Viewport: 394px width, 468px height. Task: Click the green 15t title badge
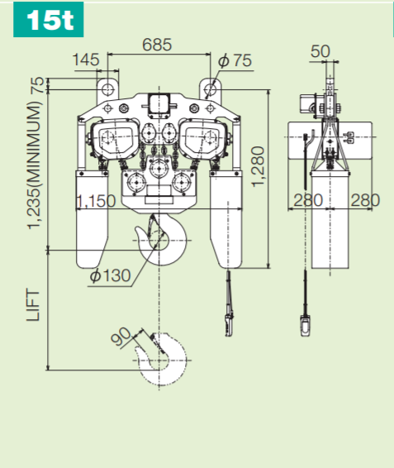49,21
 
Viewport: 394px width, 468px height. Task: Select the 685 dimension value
156,45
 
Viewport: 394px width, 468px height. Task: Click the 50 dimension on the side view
320,51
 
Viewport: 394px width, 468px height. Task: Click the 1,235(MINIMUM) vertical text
34,165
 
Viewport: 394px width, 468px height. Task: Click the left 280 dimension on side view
307,201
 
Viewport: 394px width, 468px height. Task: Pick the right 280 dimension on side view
363,201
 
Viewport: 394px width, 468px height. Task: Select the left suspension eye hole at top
107,86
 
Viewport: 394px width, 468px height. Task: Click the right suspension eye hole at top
212,86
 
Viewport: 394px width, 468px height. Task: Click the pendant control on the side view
305,323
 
